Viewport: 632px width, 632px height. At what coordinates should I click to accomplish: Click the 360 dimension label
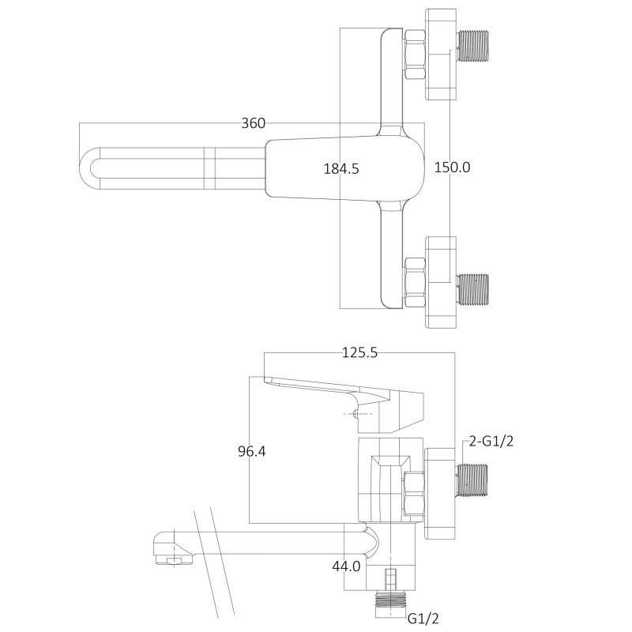[x=253, y=123]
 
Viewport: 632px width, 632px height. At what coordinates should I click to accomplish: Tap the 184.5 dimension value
[x=341, y=168]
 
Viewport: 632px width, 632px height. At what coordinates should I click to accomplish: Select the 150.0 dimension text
[x=452, y=167]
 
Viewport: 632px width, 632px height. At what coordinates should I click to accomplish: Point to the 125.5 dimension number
[x=359, y=353]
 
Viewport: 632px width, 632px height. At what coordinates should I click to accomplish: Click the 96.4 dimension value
[x=251, y=452]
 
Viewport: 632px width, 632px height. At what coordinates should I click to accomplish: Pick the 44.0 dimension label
[x=346, y=566]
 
